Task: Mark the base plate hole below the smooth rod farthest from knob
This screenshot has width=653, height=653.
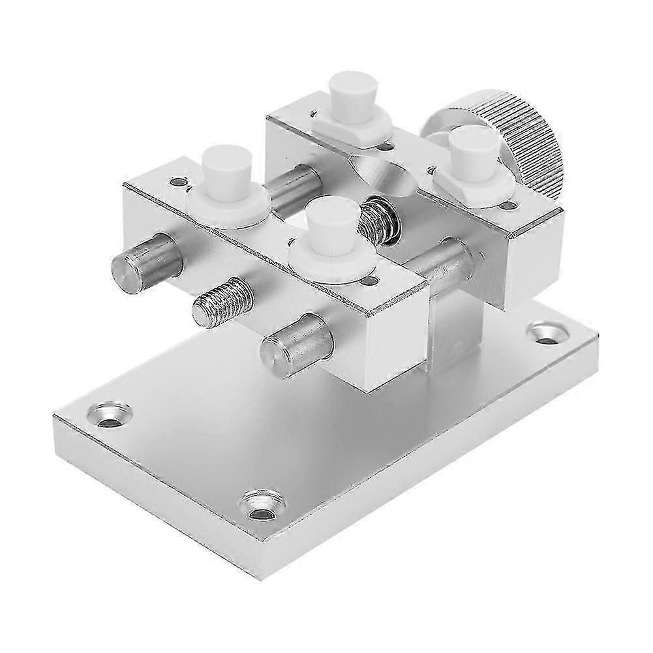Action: pyautogui.click(x=108, y=414)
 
